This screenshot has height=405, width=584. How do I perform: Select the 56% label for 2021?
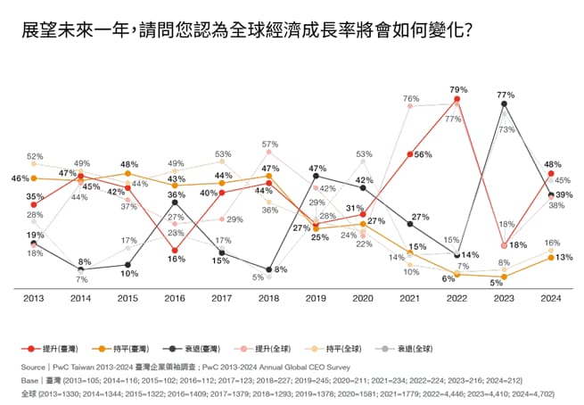click(423, 154)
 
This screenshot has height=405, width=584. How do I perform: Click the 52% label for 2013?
click(35, 156)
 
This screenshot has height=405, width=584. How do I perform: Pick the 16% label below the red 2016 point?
click(176, 259)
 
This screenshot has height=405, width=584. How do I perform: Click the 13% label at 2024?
click(563, 258)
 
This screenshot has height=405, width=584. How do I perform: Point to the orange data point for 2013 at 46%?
click(34, 178)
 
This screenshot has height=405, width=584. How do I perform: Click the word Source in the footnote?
click(36, 367)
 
